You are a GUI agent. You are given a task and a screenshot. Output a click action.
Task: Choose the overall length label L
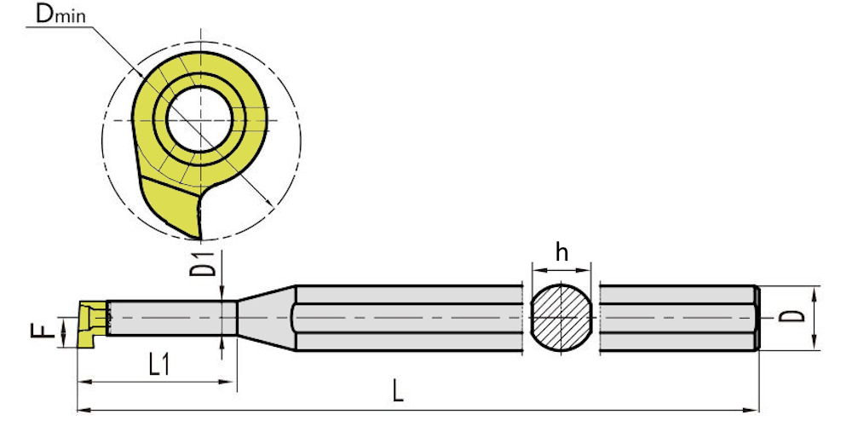coord(398,392)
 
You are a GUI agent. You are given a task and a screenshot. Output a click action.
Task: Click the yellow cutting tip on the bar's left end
coord(89,324)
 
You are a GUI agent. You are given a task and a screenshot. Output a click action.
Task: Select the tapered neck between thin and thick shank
coord(266,317)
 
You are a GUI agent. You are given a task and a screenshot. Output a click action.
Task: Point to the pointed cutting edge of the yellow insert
coord(199,237)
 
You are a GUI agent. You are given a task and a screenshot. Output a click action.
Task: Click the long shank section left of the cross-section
coord(409,318)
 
